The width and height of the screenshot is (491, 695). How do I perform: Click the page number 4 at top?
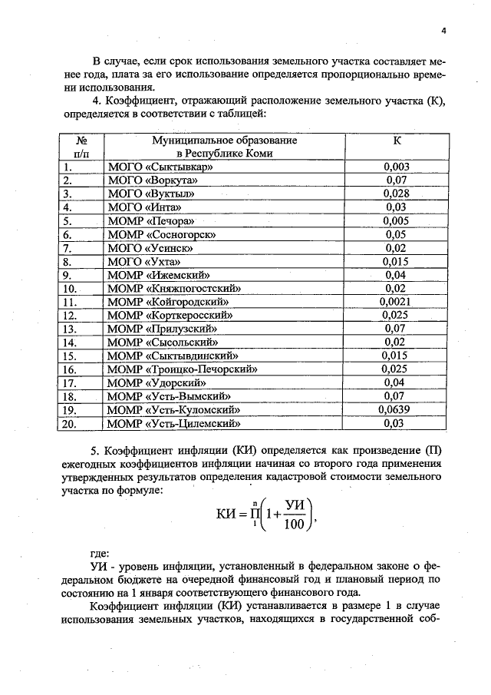pyautogui.click(x=444, y=31)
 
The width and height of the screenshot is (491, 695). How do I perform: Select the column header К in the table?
pyautogui.click(x=396, y=141)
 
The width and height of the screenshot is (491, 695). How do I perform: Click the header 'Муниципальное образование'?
pyautogui.click(x=225, y=141)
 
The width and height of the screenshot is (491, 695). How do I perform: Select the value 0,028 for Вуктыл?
pyautogui.click(x=396, y=194)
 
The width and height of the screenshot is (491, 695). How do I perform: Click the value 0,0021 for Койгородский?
pyautogui.click(x=396, y=301)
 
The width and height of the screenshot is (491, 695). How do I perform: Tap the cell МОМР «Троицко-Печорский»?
pyautogui.click(x=182, y=369)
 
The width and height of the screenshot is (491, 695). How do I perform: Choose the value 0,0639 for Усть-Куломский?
pyautogui.click(x=396, y=409)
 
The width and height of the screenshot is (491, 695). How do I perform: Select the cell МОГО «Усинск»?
pyautogui.click(x=150, y=247)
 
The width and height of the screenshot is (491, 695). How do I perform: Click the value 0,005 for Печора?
pyautogui.click(x=396, y=220)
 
